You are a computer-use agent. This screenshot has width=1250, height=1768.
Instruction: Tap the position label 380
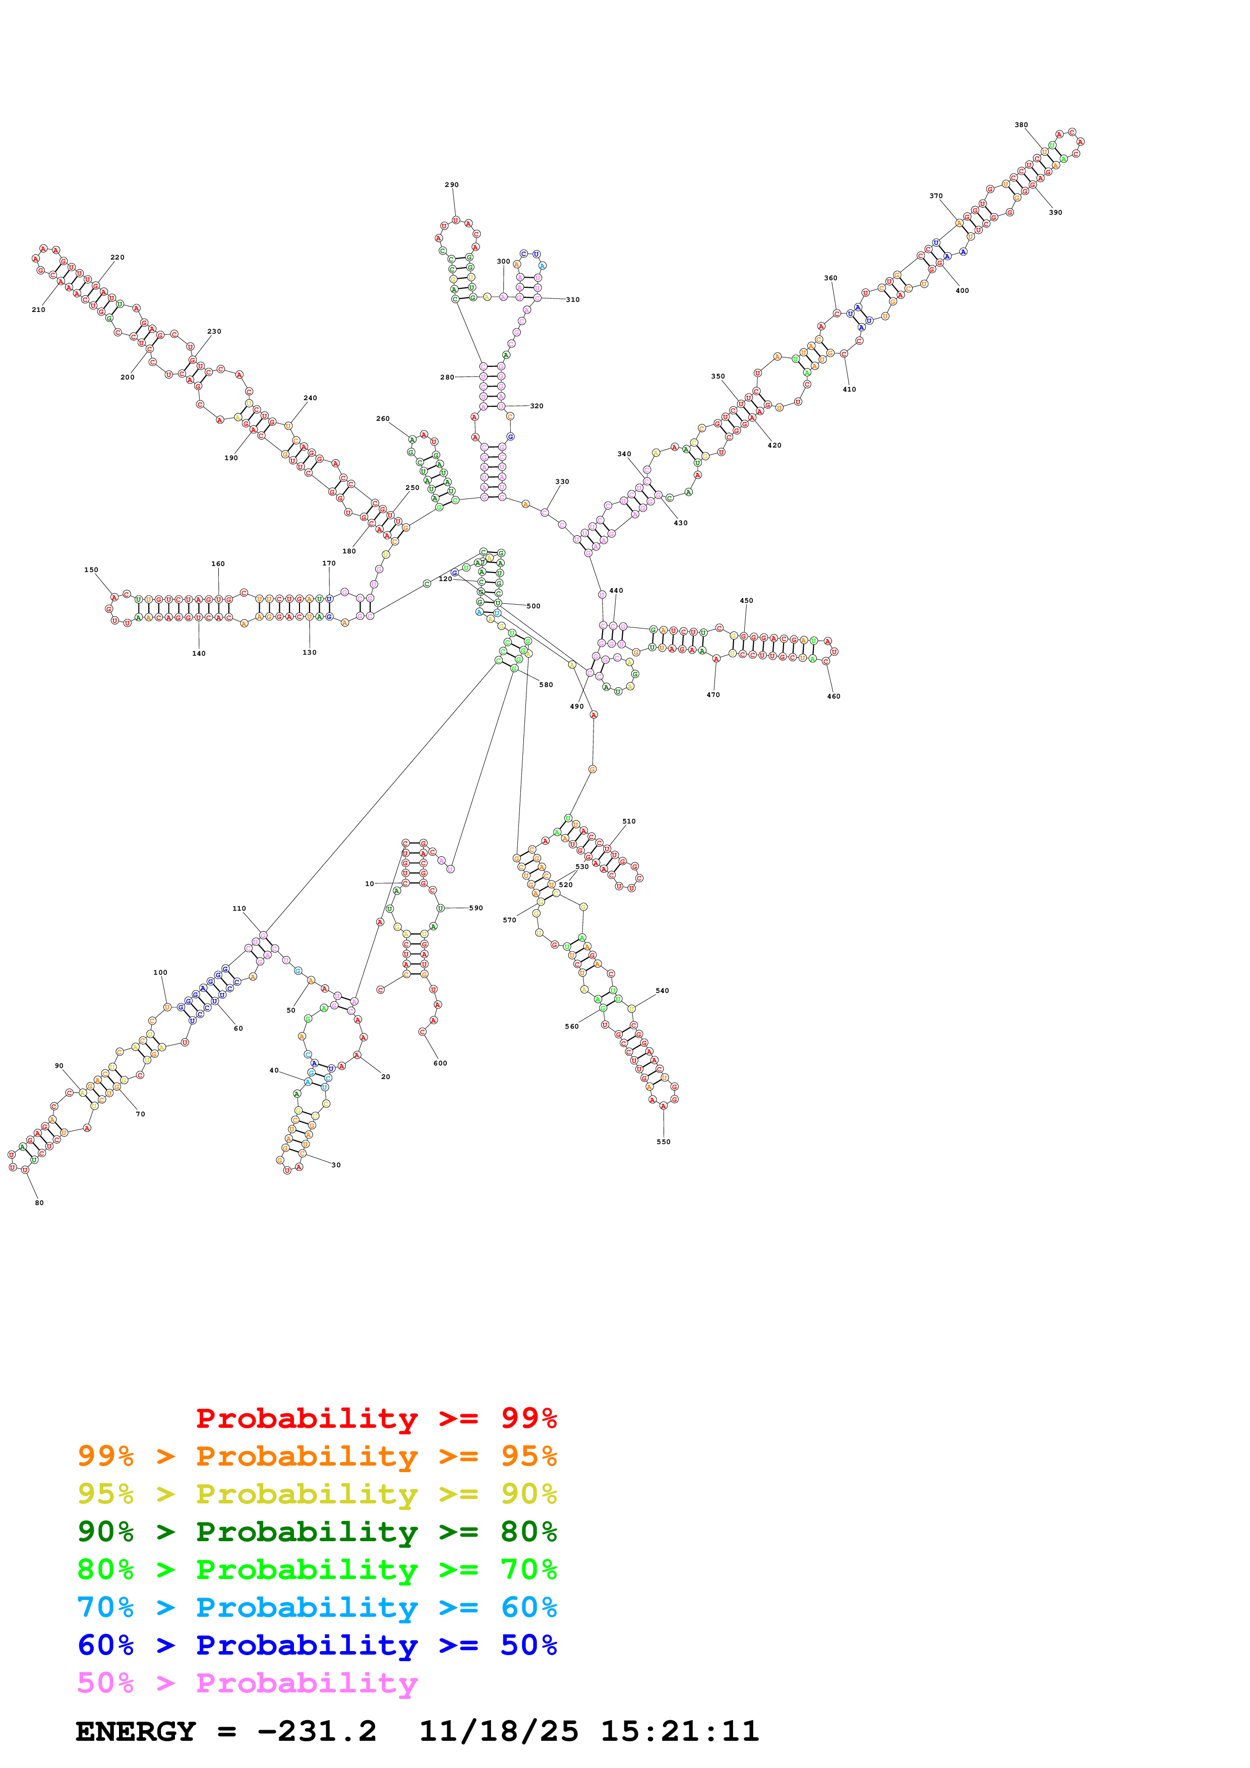click(x=1021, y=125)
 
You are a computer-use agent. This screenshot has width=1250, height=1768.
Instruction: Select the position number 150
click(x=91, y=570)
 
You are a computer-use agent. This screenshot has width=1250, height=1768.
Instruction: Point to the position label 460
click(x=834, y=696)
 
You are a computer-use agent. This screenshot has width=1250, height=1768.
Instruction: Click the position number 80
click(x=39, y=1203)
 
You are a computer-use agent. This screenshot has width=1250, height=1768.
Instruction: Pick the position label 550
click(x=663, y=1142)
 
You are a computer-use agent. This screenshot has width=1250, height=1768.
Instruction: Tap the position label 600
click(x=440, y=1063)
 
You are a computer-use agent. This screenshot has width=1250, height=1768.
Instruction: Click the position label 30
click(x=336, y=1165)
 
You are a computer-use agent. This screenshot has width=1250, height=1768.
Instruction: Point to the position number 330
click(x=562, y=482)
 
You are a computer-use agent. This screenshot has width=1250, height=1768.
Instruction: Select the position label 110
click(x=240, y=909)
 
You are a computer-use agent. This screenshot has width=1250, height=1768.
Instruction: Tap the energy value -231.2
click(x=317, y=1732)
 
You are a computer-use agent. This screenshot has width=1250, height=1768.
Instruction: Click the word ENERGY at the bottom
click(x=136, y=1732)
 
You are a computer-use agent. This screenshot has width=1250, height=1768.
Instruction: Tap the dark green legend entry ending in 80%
click(x=317, y=1532)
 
